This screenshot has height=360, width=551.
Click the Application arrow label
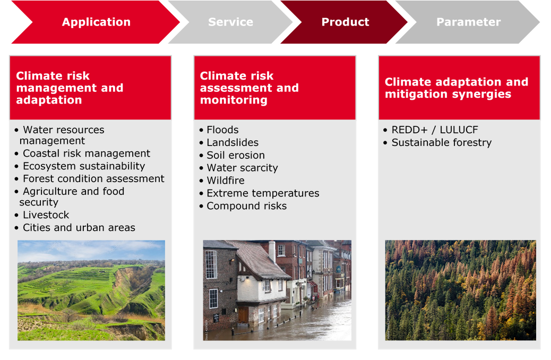click(x=96, y=22)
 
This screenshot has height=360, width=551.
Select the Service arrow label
click(x=230, y=22)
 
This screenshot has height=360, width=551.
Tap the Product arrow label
click(x=346, y=22)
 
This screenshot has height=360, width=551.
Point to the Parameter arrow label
click(x=468, y=22)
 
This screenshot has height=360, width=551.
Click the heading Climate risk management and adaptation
click(x=70, y=88)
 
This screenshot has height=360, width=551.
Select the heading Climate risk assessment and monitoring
click(x=249, y=88)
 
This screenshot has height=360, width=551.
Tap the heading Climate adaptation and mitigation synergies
click(x=457, y=88)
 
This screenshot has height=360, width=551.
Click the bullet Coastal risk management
click(x=87, y=153)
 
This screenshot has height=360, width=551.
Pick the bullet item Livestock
click(x=46, y=215)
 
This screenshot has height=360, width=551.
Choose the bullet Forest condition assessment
click(x=93, y=178)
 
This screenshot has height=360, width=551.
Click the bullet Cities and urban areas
click(x=79, y=227)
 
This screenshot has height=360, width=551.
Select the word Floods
click(x=222, y=130)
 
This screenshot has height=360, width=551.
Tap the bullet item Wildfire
click(x=226, y=181)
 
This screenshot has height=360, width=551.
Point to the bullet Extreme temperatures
click(x=263, y=193)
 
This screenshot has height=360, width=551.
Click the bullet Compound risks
click(x=247, y=205)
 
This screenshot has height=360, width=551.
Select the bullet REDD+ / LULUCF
click(x=435, y=130)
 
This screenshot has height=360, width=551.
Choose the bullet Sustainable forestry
click(x=442, y=142)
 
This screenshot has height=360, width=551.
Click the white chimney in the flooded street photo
click(x=272, y=252)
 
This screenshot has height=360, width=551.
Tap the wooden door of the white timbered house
click(x=243, y=315)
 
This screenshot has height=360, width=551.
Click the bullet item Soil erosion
click(x=236, y=155)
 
